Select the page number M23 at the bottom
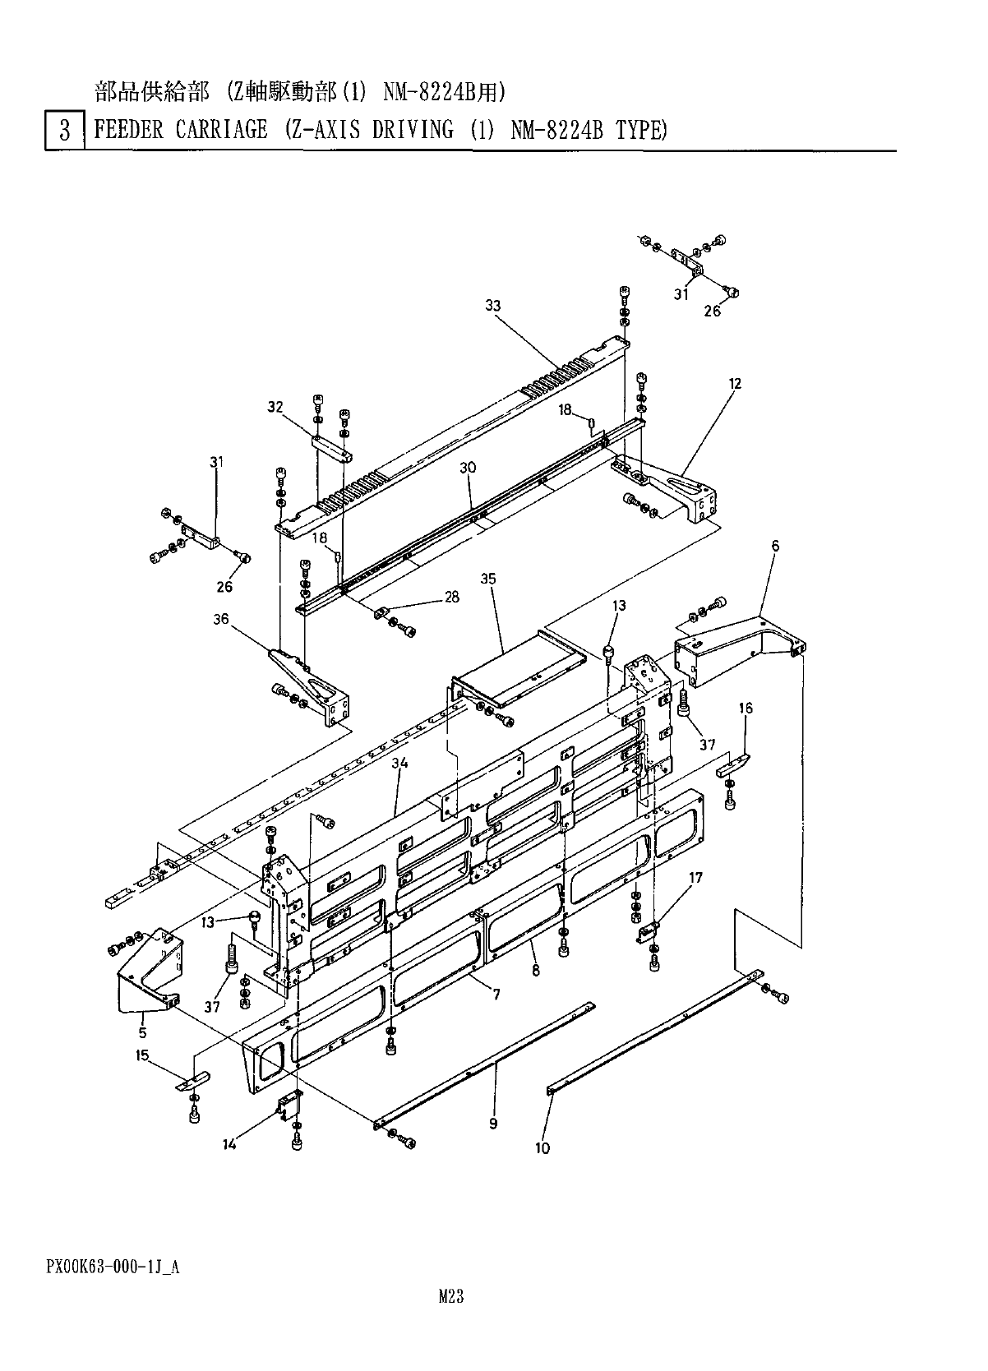(x=451, y=1296)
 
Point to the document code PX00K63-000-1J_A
(x=113, y=1267)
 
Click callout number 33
(x=493, y=306)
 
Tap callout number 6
(x=775, y=546)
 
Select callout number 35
(x=488, y=579)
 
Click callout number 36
(x=220, y=619)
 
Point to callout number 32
(x=275, y=406)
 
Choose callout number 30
(x=468, y=467)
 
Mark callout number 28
(x=451, y=598)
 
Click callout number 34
(x=399, y=764)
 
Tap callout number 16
(x=746, y=708)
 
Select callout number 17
(x=695, y=878)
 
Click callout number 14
(x=229, y=1143)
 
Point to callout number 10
(x=542, y=1148)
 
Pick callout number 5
(x=142, y=1032)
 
